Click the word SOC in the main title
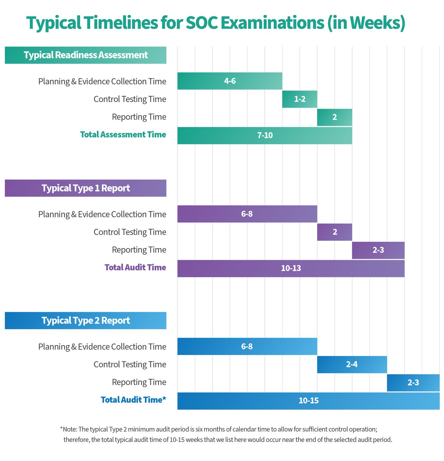pos(202,23)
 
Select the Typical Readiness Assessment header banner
pos(86,55)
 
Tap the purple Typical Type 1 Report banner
pos(86,188)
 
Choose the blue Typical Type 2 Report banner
pos(86,321)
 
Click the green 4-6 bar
pos(230,81)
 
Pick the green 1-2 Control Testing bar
pos(299,99)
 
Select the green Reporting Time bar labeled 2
pos(334,117)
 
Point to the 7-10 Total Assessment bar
pos(265,136)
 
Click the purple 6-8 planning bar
pos(247,214)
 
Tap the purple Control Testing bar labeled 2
pos(334,232)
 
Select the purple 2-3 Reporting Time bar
pos(378,250)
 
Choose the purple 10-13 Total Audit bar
pos(291,268)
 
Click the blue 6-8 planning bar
pos(247,347)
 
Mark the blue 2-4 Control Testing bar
pos(352,365)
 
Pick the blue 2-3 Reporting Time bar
pos(413,383)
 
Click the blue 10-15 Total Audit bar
pos(308,401)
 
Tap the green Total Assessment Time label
pos(123,135)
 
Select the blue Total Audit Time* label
pos(133,400)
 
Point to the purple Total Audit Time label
pos(135,267)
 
